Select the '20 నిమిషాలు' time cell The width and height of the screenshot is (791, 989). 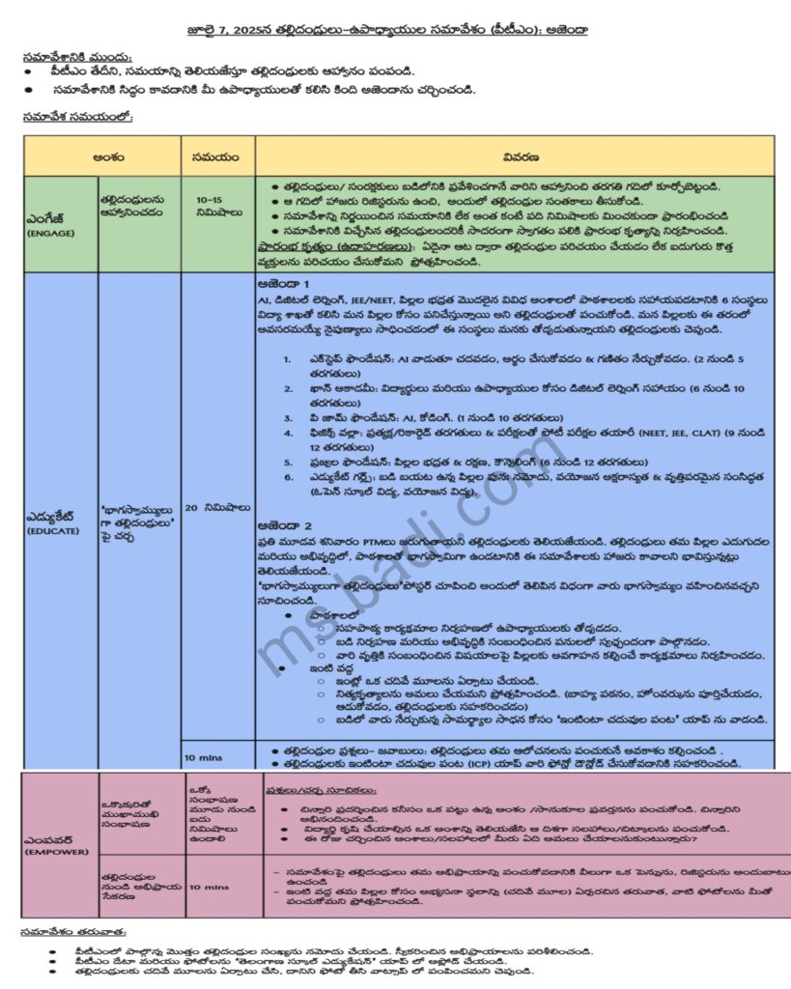[x=217, y=507]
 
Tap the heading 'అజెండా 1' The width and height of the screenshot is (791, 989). [x=284, y=285]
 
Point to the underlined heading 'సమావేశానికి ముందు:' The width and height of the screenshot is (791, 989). [x=77, y=56]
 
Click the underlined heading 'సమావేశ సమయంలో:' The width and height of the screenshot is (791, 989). [x=77, y=117]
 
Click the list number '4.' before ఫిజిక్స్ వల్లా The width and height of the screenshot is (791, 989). [x=288, y=434]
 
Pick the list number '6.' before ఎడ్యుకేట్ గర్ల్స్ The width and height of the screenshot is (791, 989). [x=288, y=476]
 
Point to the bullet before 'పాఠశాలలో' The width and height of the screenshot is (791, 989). [x=288, y=614]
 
